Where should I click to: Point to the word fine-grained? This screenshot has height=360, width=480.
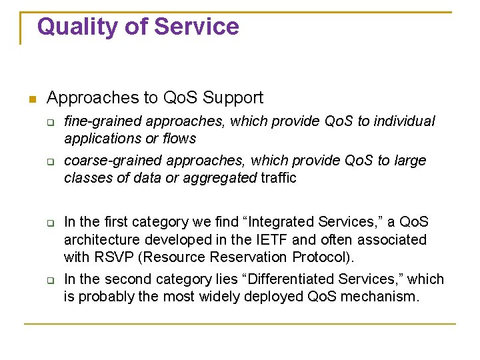[x=103, y=121]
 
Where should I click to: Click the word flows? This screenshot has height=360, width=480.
[x=180, y=139]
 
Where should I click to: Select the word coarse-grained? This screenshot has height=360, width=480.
[x=113, y=161]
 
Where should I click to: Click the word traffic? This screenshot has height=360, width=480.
[x=279, y=178]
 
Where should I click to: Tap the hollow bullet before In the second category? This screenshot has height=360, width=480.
[x=50, y=280]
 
